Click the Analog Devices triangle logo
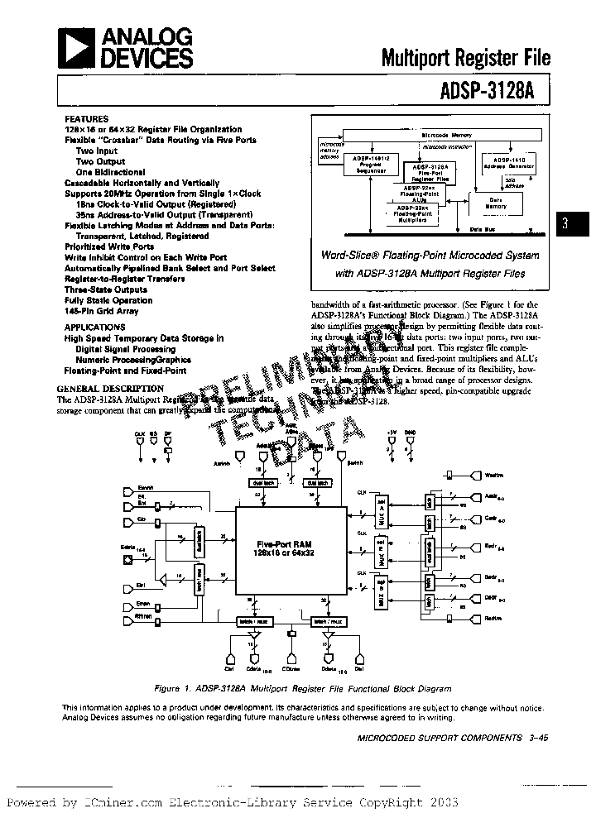click(77, 48)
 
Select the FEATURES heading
click(86, 119)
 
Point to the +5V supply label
click(392, 433)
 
